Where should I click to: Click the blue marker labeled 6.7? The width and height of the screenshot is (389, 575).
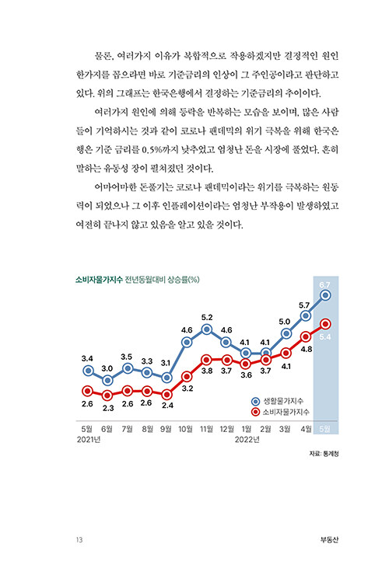[325, 295]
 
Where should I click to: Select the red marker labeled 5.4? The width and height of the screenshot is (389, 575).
[325, 324]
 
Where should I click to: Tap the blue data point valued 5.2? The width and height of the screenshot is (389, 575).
[207, 329]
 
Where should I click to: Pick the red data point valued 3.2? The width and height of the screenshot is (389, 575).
[187, 377]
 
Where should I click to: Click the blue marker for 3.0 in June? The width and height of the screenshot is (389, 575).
[107, 380]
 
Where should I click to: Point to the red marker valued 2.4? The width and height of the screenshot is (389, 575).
[166, 395]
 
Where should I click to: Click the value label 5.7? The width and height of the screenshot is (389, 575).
[304, 305]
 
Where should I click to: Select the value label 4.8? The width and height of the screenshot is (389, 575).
[306, 349]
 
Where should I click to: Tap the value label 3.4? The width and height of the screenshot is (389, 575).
[87, 358]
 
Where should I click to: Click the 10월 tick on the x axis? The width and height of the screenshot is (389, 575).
[185, 429]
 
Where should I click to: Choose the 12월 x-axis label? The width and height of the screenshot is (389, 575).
[226, 429]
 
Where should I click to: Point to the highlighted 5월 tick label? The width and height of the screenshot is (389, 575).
[324, 429]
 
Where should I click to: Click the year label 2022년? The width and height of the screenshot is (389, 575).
[247, 439]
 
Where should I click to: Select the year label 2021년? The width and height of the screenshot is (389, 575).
[89, 439]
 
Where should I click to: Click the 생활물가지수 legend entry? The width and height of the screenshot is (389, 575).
[278, 401]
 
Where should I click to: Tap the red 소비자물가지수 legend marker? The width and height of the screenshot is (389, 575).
[256, 412]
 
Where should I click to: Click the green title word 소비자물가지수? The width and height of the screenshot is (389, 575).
[99, 280]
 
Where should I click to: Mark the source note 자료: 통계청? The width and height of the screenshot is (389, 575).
[324, 454]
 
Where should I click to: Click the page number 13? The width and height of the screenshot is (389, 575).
[79, 539]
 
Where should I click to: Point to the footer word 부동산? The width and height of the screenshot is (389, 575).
[329, 539]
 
